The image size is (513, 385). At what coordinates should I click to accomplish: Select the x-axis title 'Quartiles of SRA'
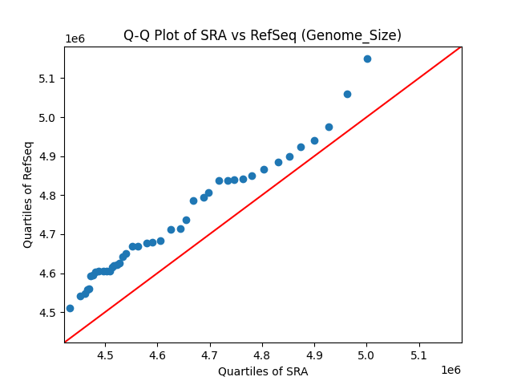point(263,371)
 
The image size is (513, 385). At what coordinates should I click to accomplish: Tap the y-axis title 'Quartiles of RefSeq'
point(28,194)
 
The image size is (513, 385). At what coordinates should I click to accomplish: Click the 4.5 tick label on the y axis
point(48,313)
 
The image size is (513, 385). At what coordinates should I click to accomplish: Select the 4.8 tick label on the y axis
point(48,196)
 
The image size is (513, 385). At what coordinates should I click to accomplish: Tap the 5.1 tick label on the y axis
point(48,79)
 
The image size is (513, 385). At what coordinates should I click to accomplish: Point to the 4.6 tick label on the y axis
point(48,274)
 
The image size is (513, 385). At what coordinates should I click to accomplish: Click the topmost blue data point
point(367,59)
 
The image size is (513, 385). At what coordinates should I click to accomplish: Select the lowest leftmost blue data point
point(70,308)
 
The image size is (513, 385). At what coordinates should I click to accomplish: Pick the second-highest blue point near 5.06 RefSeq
point(347,94)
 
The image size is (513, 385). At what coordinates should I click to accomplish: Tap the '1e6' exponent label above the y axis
point(75,39)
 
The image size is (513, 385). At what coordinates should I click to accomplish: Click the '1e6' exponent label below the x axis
point(450,370)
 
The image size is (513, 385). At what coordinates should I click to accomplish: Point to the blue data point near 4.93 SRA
point(329,127)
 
